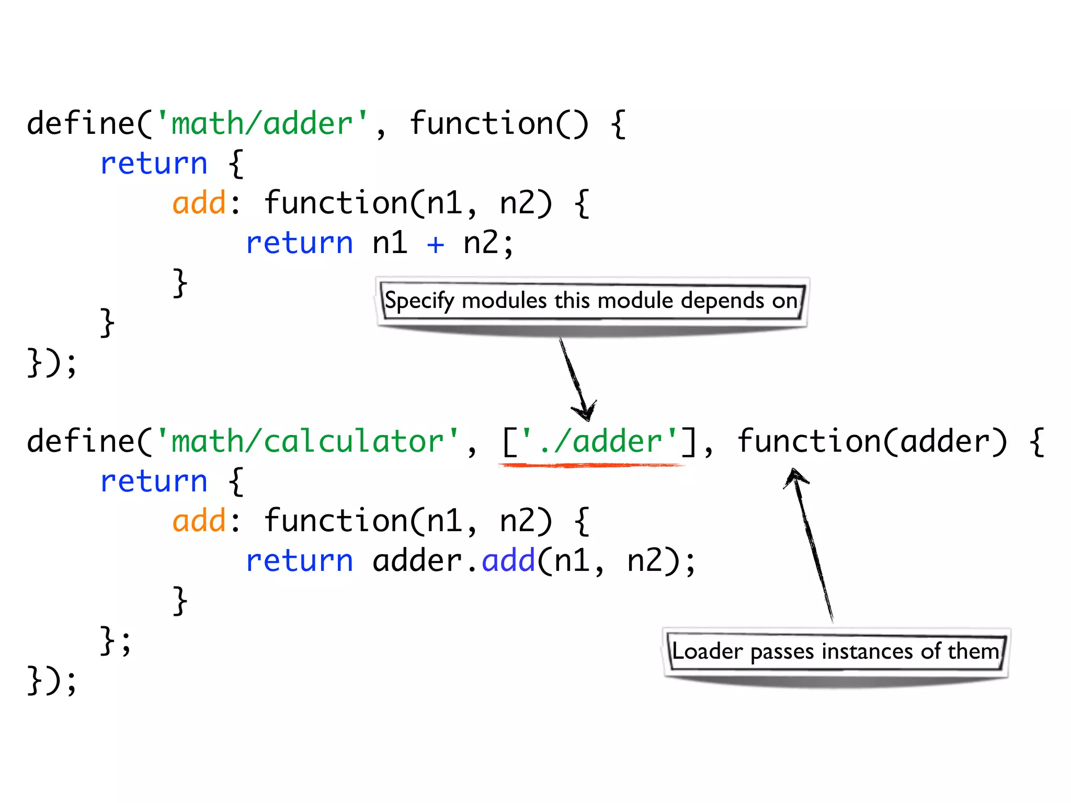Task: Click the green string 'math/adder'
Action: [x=262, y=124]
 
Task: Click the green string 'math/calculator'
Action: [x=307, y=442]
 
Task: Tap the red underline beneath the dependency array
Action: [x=591, y=465]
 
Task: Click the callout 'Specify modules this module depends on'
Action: [x=591, y=301]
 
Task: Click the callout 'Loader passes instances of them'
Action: [x=836, y=652]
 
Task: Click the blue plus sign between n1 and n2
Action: [x=435, y=244]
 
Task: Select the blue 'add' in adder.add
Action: [x=508, y=561]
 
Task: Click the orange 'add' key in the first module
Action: [x=199, y=204]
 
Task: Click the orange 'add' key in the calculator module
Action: [x=199, y=522]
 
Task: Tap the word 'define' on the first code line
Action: [x=81, y=124]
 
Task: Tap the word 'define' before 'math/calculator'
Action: [x=81, y=442]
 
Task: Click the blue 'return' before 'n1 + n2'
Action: [x=299, y=244]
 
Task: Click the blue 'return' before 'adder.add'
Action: [x=299, y=561]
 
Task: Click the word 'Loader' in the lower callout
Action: [x=707, y=652]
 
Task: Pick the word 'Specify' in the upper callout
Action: [x=419, y=302]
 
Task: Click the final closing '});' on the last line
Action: [x=52, y=681]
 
